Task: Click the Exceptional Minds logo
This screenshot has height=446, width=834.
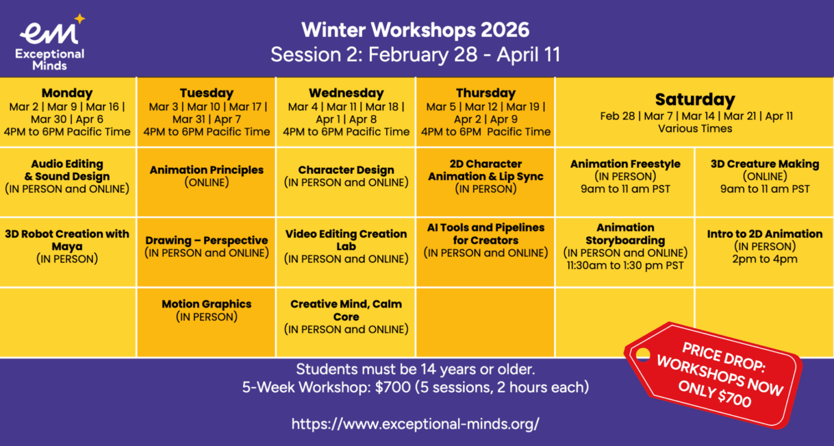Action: point(51,42)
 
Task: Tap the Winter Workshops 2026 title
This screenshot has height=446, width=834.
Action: point(415,30)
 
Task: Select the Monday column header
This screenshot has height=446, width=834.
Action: point(67,93)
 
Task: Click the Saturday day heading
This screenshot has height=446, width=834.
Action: point(695,99)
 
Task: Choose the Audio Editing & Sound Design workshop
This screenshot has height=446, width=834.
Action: point(67,170)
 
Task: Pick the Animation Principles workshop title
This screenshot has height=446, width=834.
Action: point(207,170)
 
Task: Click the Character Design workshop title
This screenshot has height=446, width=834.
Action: point(346,170)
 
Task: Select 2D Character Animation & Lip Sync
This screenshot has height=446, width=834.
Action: point(485,170)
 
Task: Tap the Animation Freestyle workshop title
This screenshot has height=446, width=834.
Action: point(625,164)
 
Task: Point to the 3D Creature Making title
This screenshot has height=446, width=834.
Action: point(764,164)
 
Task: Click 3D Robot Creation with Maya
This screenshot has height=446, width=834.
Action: point(67,240)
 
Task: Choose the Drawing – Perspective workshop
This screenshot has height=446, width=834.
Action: point(207,240)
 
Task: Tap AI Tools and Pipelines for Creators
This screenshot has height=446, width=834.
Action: point(485,234)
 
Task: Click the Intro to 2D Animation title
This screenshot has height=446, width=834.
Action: point(764,234)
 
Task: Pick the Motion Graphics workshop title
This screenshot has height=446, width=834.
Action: point(207,304)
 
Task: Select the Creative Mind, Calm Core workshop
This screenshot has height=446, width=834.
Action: point(346,310)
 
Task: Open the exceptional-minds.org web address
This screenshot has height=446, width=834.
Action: point(415,424)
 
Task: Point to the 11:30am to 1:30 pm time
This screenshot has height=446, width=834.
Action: point(625,266)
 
